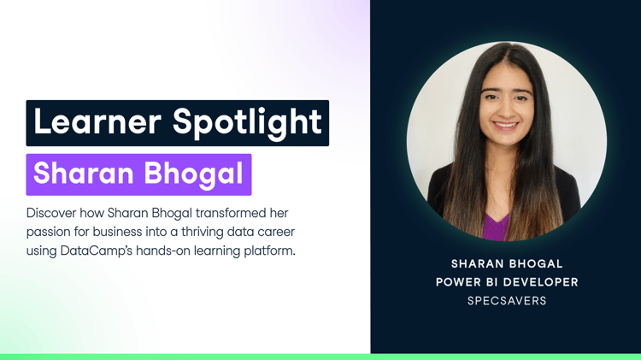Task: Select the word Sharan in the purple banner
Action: pyautogui.click(x=84, y=173)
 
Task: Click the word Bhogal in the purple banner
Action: pyautogui.click(x=193, y=174)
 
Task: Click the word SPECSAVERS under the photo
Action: pyautogui.click(x=507, y=301)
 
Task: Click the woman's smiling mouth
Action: pyautogui.click(x=506, y=125)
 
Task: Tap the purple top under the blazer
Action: pyautogui.click(x=496, y=227)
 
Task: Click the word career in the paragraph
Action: pyautogui.click(x=276, y=232)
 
